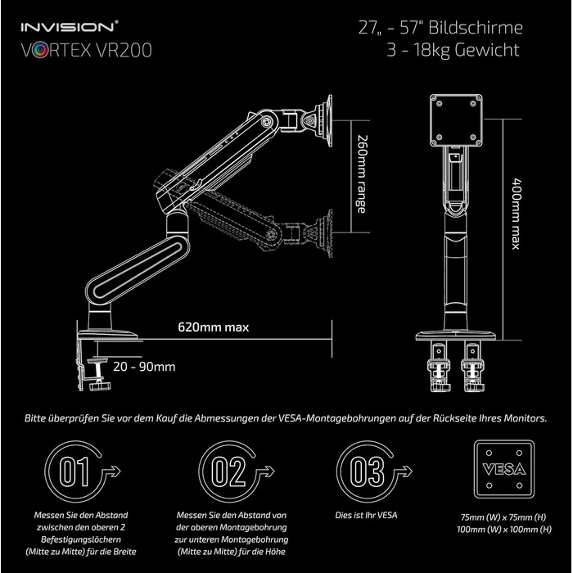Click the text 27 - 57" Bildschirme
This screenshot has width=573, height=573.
(x=440, y=27)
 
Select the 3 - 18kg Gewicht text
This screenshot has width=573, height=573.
(x=453, y=51)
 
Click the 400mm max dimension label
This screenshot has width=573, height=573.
(x=515, y=214)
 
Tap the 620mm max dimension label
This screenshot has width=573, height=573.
(x=214, y=327)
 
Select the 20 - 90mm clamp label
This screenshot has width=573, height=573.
(x=145, y=366)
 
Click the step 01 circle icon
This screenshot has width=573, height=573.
(x=72, y=471)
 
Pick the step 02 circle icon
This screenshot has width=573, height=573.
(x=223, y=471)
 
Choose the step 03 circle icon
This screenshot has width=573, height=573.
(x=362, y=471)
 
